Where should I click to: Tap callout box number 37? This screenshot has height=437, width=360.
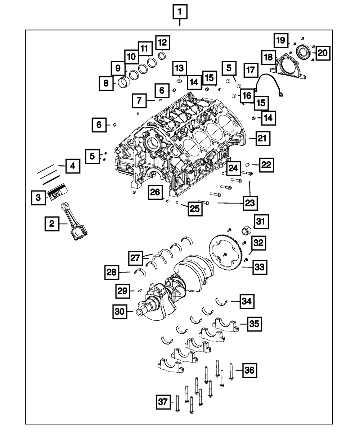164,402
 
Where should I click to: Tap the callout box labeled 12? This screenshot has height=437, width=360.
162,42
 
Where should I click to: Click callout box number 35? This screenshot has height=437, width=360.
254,324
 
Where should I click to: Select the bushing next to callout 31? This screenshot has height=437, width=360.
248,229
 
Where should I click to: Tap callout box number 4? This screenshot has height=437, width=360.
73,166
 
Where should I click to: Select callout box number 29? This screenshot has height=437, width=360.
123,290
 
